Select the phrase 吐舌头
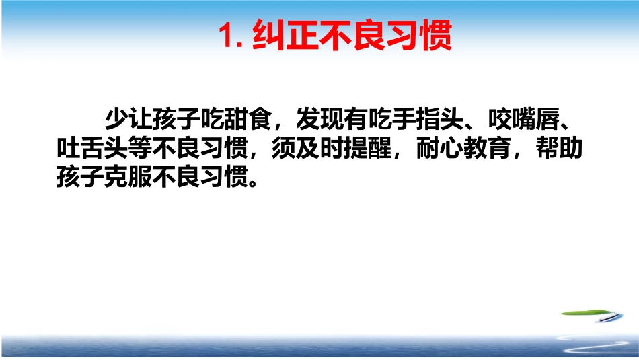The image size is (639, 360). pyautogui.click(x=91, y=149)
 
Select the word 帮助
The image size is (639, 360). pyautogui.click(x=560, y=149)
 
